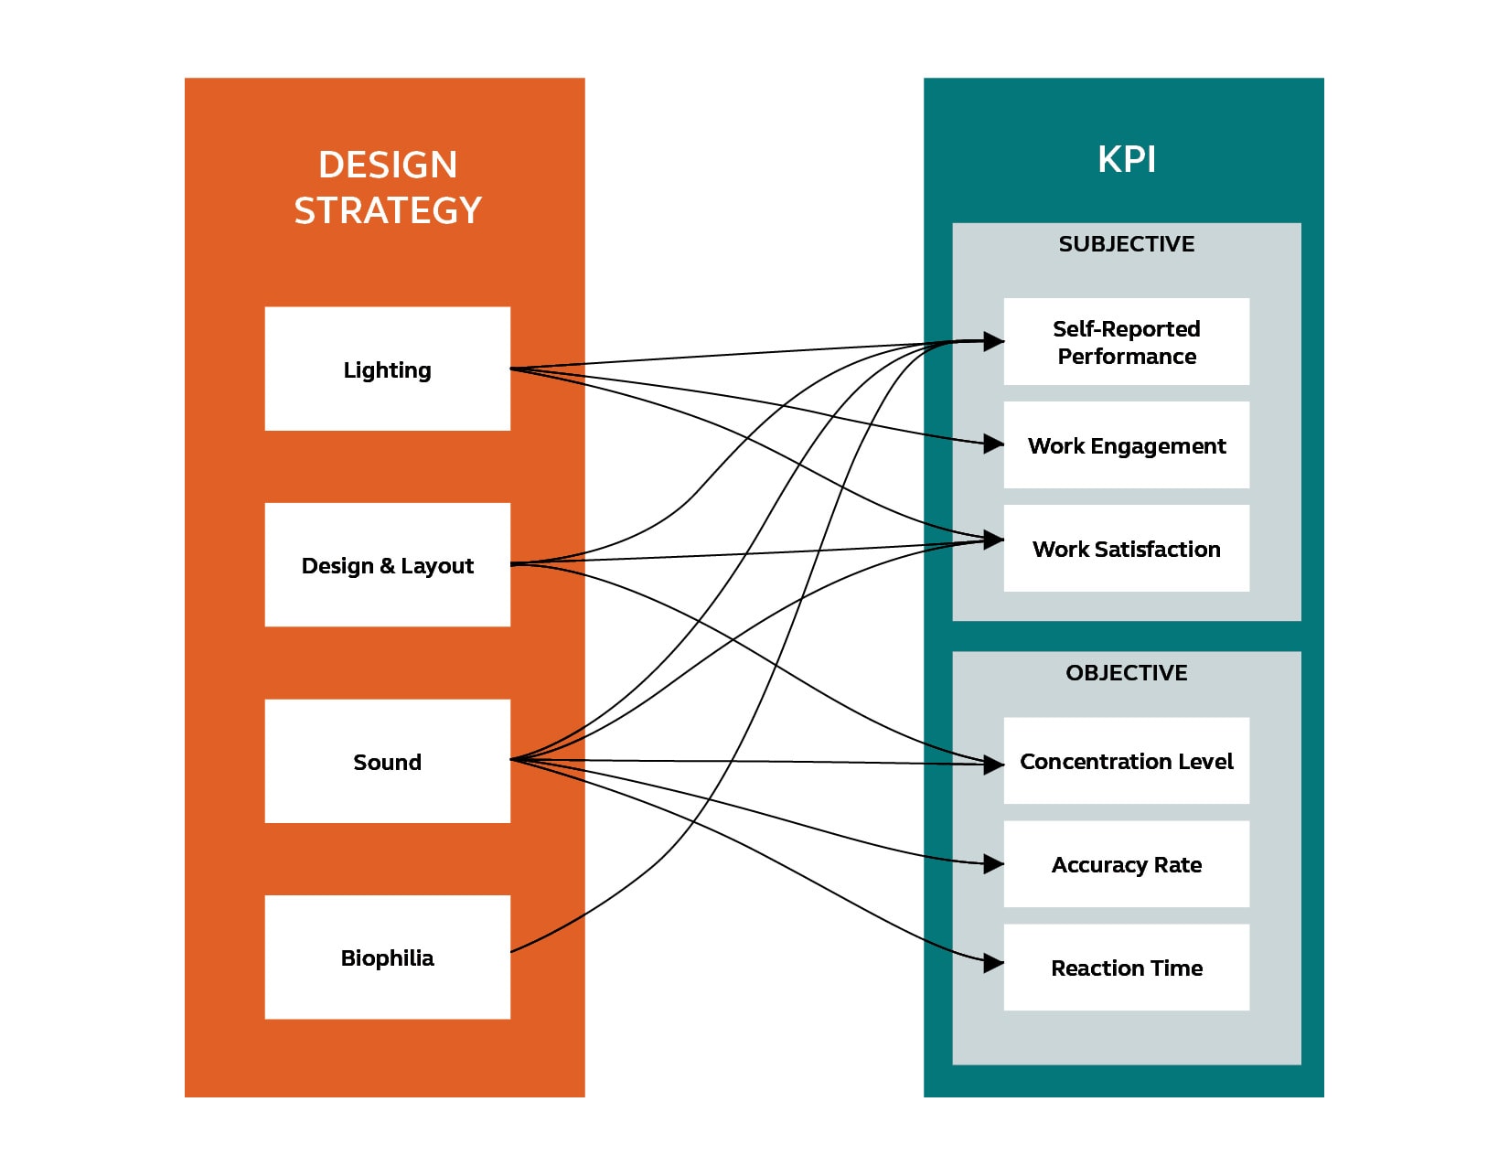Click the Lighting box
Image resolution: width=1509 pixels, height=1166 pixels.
pos(387,369)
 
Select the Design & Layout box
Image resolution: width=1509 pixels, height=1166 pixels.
pos(387,564)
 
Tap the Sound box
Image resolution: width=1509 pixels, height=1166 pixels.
pos(387,761)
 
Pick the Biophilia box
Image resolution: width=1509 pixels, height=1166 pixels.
pos(387,957)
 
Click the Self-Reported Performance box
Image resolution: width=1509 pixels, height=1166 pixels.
pos(1126,341)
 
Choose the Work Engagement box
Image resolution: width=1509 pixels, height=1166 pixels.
pos(1126,444)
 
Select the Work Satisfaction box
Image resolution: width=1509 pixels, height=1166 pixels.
pos(1126,548)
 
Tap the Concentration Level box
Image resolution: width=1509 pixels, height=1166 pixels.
pos(1126,760)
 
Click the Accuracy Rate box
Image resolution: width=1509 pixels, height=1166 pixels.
pos(1126,863)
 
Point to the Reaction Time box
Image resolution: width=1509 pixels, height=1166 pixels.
pos(1126,967)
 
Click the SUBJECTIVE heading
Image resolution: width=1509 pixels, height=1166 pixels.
pos(1126,243)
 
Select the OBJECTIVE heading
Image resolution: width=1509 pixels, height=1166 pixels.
pos(1126,672)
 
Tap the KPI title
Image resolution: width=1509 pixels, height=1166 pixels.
pos(1126,159)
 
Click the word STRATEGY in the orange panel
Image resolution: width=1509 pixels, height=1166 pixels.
pos(387,210)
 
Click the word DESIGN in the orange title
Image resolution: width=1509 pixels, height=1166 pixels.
pos(387,165)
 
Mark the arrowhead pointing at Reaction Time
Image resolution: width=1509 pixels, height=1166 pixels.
pos(993,963)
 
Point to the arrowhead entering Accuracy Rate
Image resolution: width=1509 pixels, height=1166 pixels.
pos(993,864)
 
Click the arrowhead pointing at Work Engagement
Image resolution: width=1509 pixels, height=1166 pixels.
pos(993,444)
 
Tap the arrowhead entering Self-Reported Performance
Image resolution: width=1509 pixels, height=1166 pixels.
pos(993,342)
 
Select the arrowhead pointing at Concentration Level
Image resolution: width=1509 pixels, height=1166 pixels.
pos(993,765)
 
